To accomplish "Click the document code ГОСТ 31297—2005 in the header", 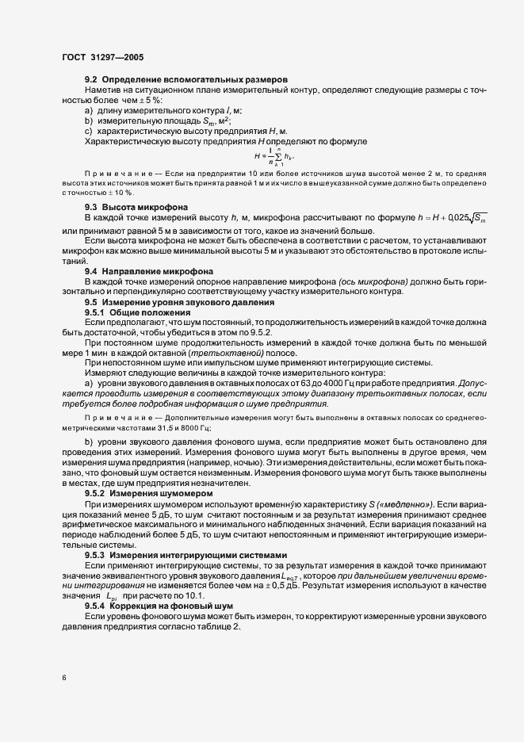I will (102, 57).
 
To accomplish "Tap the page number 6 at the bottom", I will (63, 678).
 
